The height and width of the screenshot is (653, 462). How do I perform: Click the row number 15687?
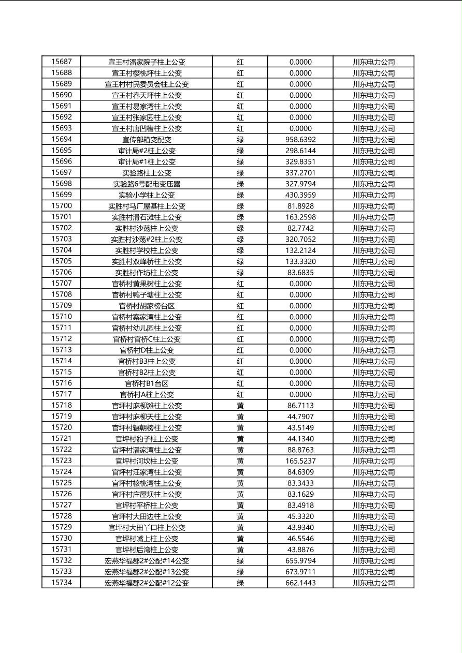pos(62,62)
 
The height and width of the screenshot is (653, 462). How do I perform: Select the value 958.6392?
pos(300,140)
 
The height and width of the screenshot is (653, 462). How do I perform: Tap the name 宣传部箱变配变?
pos(147,140)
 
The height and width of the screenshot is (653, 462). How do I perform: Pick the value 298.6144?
pos(300,151)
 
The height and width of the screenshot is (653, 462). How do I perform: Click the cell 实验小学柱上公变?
pos(147,195)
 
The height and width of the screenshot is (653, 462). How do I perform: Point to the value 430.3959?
pos(300,195)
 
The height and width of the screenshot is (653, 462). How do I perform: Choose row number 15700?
pos(62,206)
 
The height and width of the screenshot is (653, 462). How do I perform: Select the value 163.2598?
pos(300,217)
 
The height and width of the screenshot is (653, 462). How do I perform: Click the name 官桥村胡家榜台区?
pos(147,306)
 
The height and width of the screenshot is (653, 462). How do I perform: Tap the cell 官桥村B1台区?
pos(147,383)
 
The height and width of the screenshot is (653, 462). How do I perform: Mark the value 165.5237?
pos(300,461)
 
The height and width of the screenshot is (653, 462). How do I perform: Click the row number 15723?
pos(62,461)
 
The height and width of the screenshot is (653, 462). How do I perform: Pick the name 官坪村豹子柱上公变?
pos(147,439)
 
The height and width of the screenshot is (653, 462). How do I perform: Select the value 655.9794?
pos(300,561)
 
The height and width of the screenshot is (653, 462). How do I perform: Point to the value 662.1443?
pos(300,583)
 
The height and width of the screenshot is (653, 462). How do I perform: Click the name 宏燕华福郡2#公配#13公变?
pos(147,572)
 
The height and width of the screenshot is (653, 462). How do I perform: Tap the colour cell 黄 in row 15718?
pos(240,406)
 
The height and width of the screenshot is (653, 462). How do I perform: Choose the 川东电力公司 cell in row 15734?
pos(374,583)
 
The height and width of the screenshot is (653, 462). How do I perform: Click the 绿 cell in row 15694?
pos(240,140)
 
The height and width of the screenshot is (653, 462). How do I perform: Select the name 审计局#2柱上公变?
pos(147,151)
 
